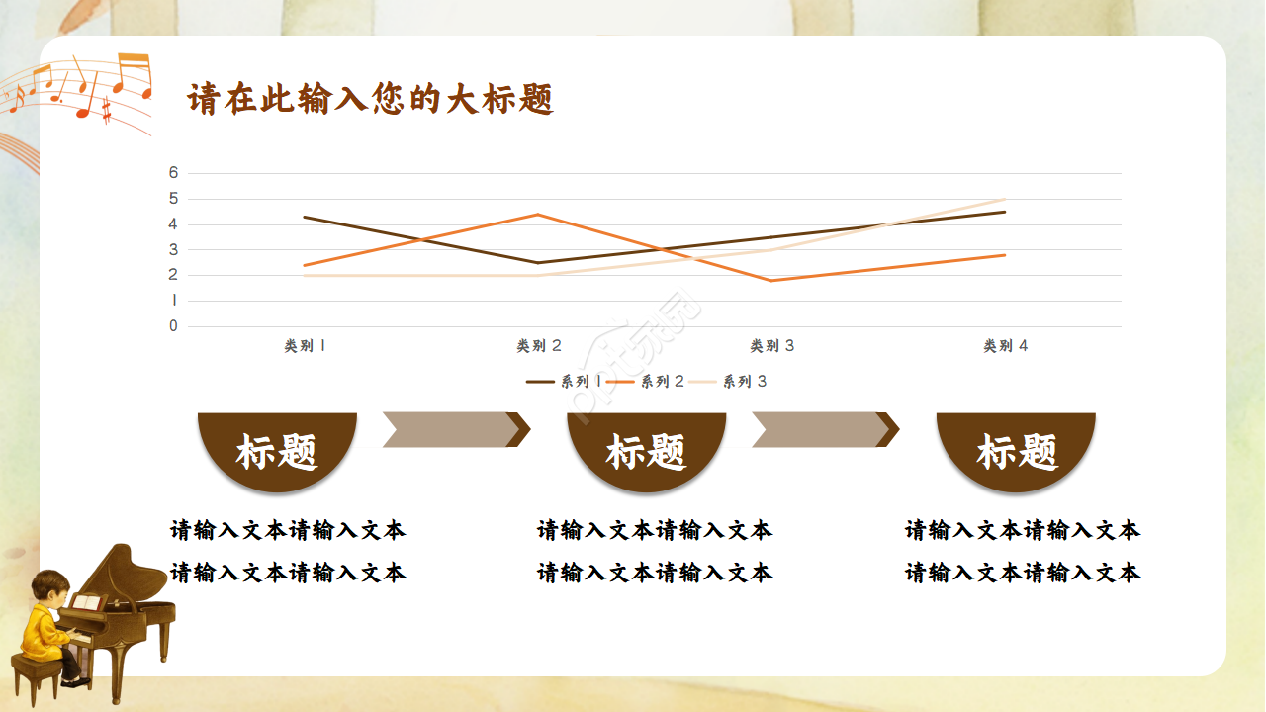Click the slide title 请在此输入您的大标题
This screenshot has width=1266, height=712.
coord(370,100)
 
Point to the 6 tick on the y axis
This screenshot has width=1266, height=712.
coord(174,173)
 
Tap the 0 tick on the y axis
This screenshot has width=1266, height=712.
coord(174,326)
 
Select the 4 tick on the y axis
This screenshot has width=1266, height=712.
coord(174,224)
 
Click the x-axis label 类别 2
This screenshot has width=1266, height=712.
coord(539,346)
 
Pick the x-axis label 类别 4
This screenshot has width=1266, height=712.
coord(1005,346)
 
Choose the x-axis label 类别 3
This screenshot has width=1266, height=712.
coord(772,346)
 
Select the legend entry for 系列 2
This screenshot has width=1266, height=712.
coord(645,382)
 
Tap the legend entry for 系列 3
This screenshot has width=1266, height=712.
coord(728,382)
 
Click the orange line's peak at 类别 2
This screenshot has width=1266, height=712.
coord(538,214)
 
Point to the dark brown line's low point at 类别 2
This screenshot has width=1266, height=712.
coord(538,263)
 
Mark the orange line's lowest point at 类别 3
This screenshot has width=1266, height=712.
coord(771,281)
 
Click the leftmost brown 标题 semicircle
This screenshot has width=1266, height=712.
coord(277,450)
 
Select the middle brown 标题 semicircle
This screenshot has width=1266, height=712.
coord(647,450)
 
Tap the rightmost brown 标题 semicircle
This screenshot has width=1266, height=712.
coord(1017,450)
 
